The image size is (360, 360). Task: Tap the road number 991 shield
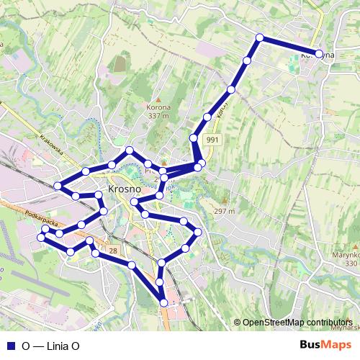pos(212,140)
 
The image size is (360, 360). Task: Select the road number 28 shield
pos(114,249)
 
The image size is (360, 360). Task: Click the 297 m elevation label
pos(225,212)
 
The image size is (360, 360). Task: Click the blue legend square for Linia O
pos(10,346)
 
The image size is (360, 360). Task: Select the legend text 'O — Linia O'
pos(50,346)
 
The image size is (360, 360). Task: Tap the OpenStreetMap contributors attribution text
pos(297,323)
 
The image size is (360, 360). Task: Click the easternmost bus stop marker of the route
pos(319,53)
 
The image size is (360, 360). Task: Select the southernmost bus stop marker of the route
pos(163,303)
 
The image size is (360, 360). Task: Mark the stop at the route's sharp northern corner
pos(259,38)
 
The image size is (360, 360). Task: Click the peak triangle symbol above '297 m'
pos(224,201)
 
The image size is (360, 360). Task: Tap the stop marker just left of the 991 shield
pos(194,138)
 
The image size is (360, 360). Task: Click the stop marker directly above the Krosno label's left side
pos(112,165)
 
